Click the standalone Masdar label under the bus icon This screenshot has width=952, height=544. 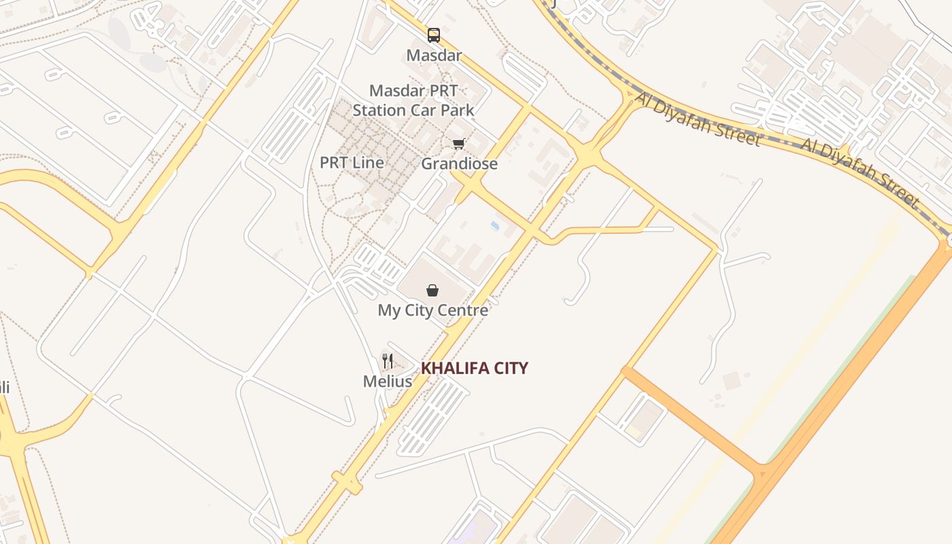click(434, 55)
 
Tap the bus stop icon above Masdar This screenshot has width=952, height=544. click(434, 35)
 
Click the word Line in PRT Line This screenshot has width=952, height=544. click(369, 163)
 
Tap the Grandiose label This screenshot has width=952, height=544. click(459, 164)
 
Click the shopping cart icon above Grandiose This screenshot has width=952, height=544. click(459, 144)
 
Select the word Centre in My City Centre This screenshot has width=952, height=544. click(462, 311)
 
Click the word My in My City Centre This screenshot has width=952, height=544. click(389, 311)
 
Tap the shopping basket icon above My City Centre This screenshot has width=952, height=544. click(432, 291)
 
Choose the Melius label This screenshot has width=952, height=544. click(388, 381)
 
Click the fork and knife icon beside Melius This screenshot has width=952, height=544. click(388, 361)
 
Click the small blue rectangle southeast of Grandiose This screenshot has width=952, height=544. click(495, 224)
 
